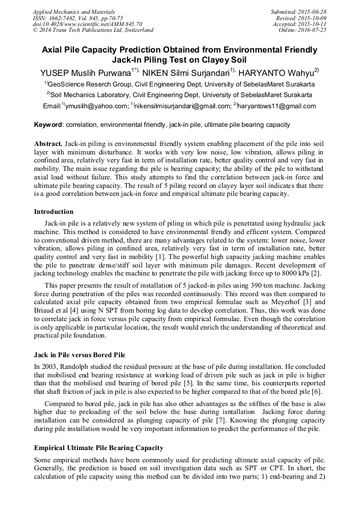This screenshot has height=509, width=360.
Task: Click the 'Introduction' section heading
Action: tap(54, 212)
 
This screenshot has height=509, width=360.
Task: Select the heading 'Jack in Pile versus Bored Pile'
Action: tap(80, 355)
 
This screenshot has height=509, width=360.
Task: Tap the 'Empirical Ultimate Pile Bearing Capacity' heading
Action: tap(99, 448)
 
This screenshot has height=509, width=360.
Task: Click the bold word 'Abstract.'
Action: tap(49, 144)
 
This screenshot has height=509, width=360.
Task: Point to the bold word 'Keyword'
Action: tap(48, 125)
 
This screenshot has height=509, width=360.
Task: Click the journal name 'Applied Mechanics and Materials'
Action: tap(74, 12)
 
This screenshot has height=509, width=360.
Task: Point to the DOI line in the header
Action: tap(88, 24)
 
